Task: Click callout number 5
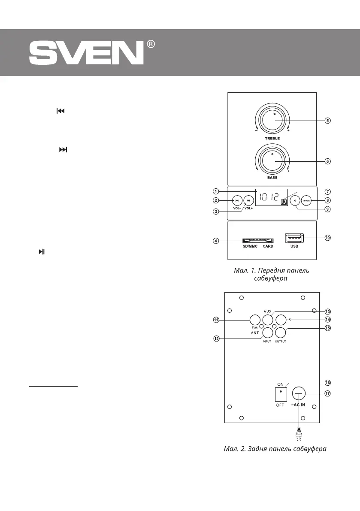point(327,121)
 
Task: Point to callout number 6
point(327,161)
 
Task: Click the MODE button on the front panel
point(306,200)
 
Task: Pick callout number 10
point(327,237)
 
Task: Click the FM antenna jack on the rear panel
point(255,320)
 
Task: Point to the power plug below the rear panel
point(299,436)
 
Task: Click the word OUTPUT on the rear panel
point(281,342)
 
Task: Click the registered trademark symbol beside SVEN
point(151,44)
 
